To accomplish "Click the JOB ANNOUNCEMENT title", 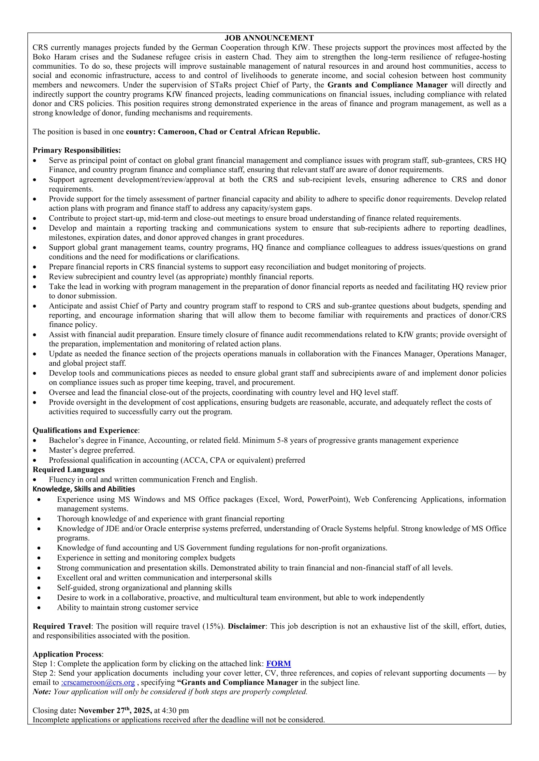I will pyautogui.click(x=269, y=38).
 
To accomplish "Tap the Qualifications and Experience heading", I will pyautogui.click(x=85, y=430).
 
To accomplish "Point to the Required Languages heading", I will pyautogui.click(x=69, y=469).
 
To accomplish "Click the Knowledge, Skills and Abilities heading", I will pyautogui.click(x=84, y=489).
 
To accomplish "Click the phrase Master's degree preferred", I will pyautogui.click(x=92, y=450).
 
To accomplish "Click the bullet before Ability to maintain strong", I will pyautogui.click(x=39, y=608).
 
